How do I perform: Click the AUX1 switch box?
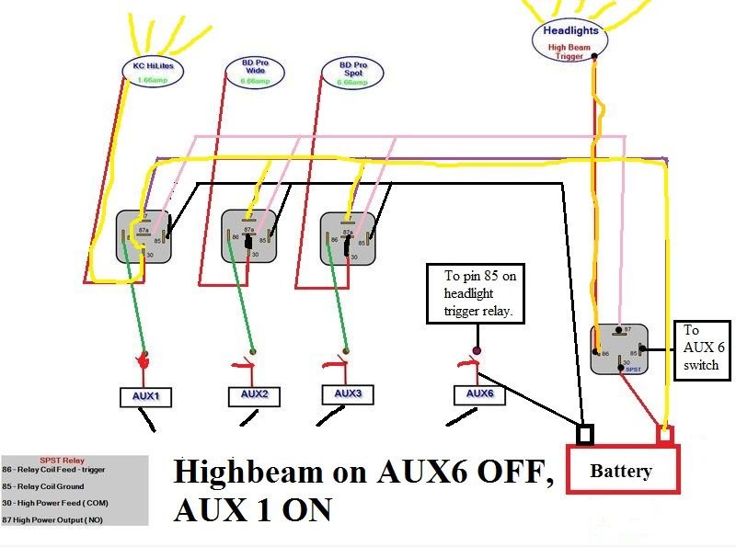click(146, 397)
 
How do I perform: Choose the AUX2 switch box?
click(254, 395)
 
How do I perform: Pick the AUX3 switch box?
click(348, 394)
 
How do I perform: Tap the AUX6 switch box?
click(479, 395)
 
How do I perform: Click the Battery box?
click(621, 472)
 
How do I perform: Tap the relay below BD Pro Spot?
click(348, 238)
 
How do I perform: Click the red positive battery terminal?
click(664, 434)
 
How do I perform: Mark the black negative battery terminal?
click(584, 433)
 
